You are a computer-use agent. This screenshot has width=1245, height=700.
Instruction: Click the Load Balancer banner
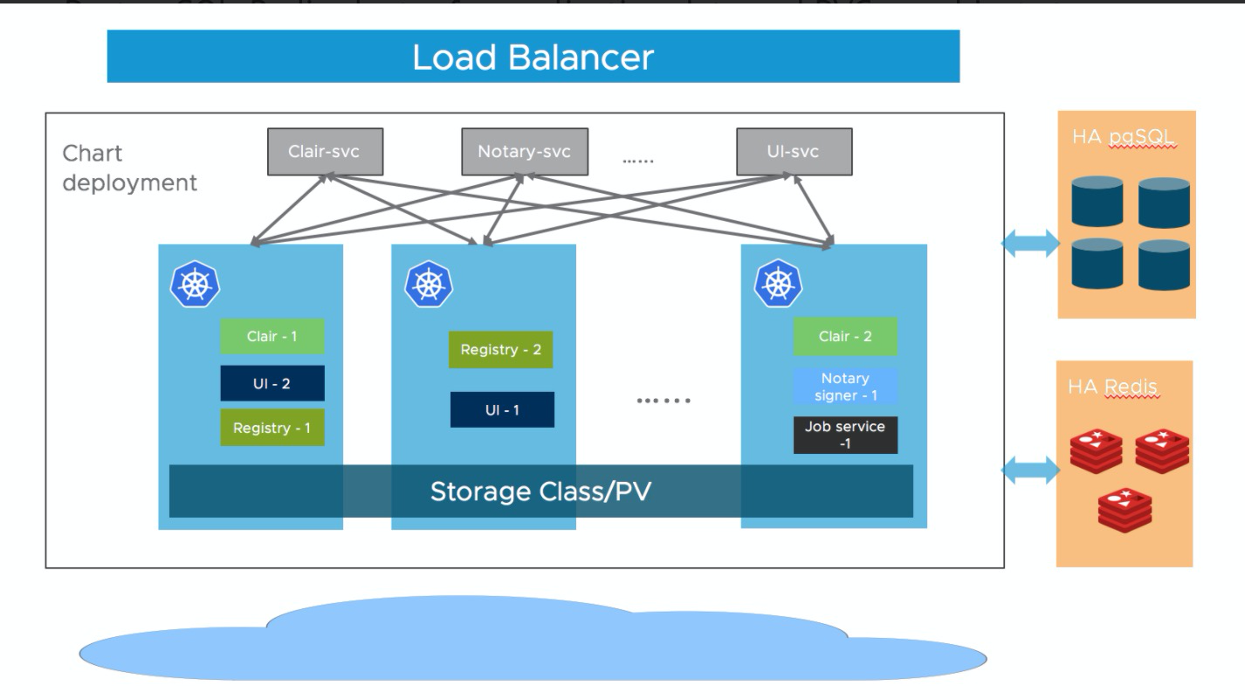pos(533,57)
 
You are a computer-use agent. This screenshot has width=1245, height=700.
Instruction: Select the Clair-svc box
pos(324,152)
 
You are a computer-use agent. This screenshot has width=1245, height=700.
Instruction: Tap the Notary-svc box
pos(524,152)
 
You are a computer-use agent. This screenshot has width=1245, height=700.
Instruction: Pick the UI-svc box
pos(794,152)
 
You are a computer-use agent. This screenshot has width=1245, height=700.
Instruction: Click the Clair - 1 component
pos(272,336)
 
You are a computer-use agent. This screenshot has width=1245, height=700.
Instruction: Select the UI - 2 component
pos(272,383)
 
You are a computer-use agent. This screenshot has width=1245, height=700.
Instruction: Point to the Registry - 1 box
pos(272,428)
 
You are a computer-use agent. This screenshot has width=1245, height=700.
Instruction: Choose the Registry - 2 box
pos(501,350)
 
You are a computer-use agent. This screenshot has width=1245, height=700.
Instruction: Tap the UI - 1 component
pos(502,409)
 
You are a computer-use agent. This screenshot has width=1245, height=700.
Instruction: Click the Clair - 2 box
pos(845,337)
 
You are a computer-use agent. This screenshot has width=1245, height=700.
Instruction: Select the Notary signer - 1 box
pos(845,387)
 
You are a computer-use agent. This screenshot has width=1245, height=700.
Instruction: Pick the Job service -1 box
pos(845,435)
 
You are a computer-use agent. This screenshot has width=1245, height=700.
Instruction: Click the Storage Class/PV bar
pos(540,491)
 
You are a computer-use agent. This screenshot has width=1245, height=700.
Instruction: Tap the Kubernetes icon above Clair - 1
pos(196,284)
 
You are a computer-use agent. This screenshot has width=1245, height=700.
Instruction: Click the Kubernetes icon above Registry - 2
pos(428,284)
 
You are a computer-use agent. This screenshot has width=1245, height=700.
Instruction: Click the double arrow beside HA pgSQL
pos(1030,244)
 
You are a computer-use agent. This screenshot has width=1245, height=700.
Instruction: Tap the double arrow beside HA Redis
pos(1030,471)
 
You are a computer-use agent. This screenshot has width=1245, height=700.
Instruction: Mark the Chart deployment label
pos(129,168)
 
